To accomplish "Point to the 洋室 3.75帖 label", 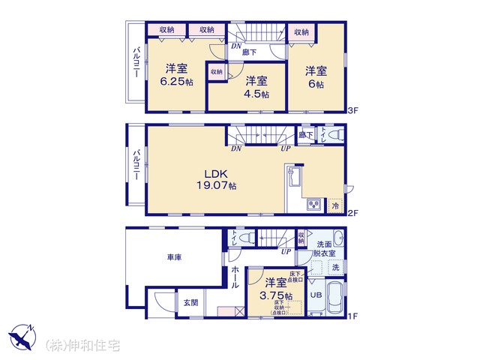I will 275,289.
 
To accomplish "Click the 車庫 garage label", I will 174,257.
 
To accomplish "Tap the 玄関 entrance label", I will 190,303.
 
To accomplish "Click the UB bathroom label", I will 316,295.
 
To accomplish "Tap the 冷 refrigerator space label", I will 335,205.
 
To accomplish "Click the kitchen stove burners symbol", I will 313,204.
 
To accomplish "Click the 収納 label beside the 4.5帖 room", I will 216,72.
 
